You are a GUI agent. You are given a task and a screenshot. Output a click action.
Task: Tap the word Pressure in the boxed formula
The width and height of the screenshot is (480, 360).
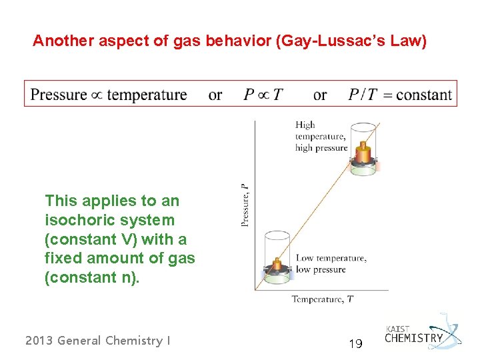[x=59, y=95]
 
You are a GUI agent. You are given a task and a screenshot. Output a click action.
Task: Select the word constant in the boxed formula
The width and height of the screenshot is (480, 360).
[x=423, y=95]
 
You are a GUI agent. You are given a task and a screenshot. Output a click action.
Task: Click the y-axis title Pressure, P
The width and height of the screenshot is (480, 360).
[x=245, y=204]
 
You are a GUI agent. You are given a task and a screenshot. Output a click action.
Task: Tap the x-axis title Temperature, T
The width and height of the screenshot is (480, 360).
[x=322, y=299]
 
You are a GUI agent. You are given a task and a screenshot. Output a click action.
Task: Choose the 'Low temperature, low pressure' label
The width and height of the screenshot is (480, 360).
[x=330, y=264]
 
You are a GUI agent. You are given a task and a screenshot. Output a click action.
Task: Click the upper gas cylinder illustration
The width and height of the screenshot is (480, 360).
[x=363, y=149]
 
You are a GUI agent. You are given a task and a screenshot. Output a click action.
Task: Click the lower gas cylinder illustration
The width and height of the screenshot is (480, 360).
[x=277, y=257]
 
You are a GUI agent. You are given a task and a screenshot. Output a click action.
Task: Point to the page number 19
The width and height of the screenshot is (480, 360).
[x=355, y=344]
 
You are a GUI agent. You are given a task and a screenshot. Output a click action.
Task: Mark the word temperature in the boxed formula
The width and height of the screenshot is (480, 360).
[x=147, y=95]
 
